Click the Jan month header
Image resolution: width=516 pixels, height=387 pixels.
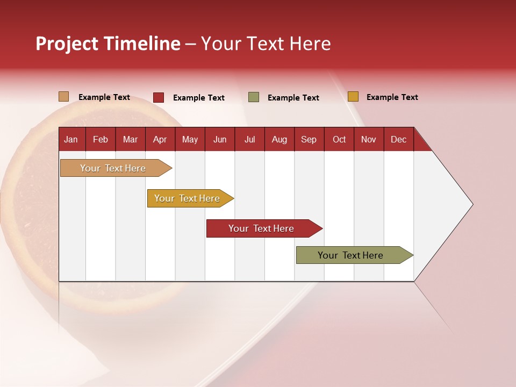71,140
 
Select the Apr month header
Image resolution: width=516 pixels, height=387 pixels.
160,140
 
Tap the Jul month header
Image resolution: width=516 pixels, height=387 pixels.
250,140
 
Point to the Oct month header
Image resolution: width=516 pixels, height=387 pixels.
339,140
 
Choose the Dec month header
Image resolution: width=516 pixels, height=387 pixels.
398,140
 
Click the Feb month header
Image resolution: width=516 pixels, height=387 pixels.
101,140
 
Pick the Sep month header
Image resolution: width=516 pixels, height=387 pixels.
309,140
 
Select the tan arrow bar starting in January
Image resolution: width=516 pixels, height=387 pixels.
116,168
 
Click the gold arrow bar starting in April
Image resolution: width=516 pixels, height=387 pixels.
190,198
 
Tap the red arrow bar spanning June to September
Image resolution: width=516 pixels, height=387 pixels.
264,228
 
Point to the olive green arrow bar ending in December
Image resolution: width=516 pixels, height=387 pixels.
355,255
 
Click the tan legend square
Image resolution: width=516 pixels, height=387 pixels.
64,97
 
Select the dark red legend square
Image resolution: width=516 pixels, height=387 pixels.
159,97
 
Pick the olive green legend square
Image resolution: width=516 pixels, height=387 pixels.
254,97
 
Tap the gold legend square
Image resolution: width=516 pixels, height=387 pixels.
353,96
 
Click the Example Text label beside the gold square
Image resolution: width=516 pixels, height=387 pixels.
392,97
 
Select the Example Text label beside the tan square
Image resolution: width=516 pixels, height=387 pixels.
104,97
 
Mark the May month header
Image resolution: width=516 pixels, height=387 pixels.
190,140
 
